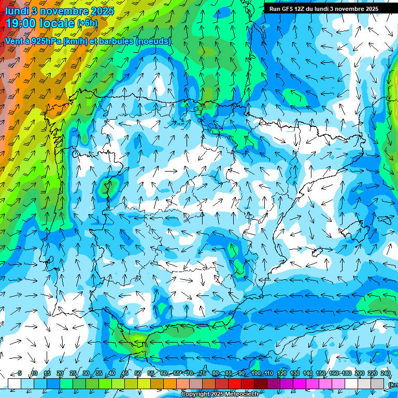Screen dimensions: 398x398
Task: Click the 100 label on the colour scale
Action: [x=255, y=373]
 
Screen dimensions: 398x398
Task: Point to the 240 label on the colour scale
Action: [x=385, y=373]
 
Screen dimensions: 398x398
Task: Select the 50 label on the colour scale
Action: [x=138, y=373]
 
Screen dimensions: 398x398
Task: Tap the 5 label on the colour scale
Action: [x=20, y=373]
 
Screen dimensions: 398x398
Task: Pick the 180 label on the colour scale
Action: [x=346, y=373]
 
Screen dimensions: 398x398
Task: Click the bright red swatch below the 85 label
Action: [x=235, y=383]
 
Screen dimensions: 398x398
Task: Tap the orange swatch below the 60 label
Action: [x=170, y=383]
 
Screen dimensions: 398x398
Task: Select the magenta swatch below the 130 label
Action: [x=300, y=383]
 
